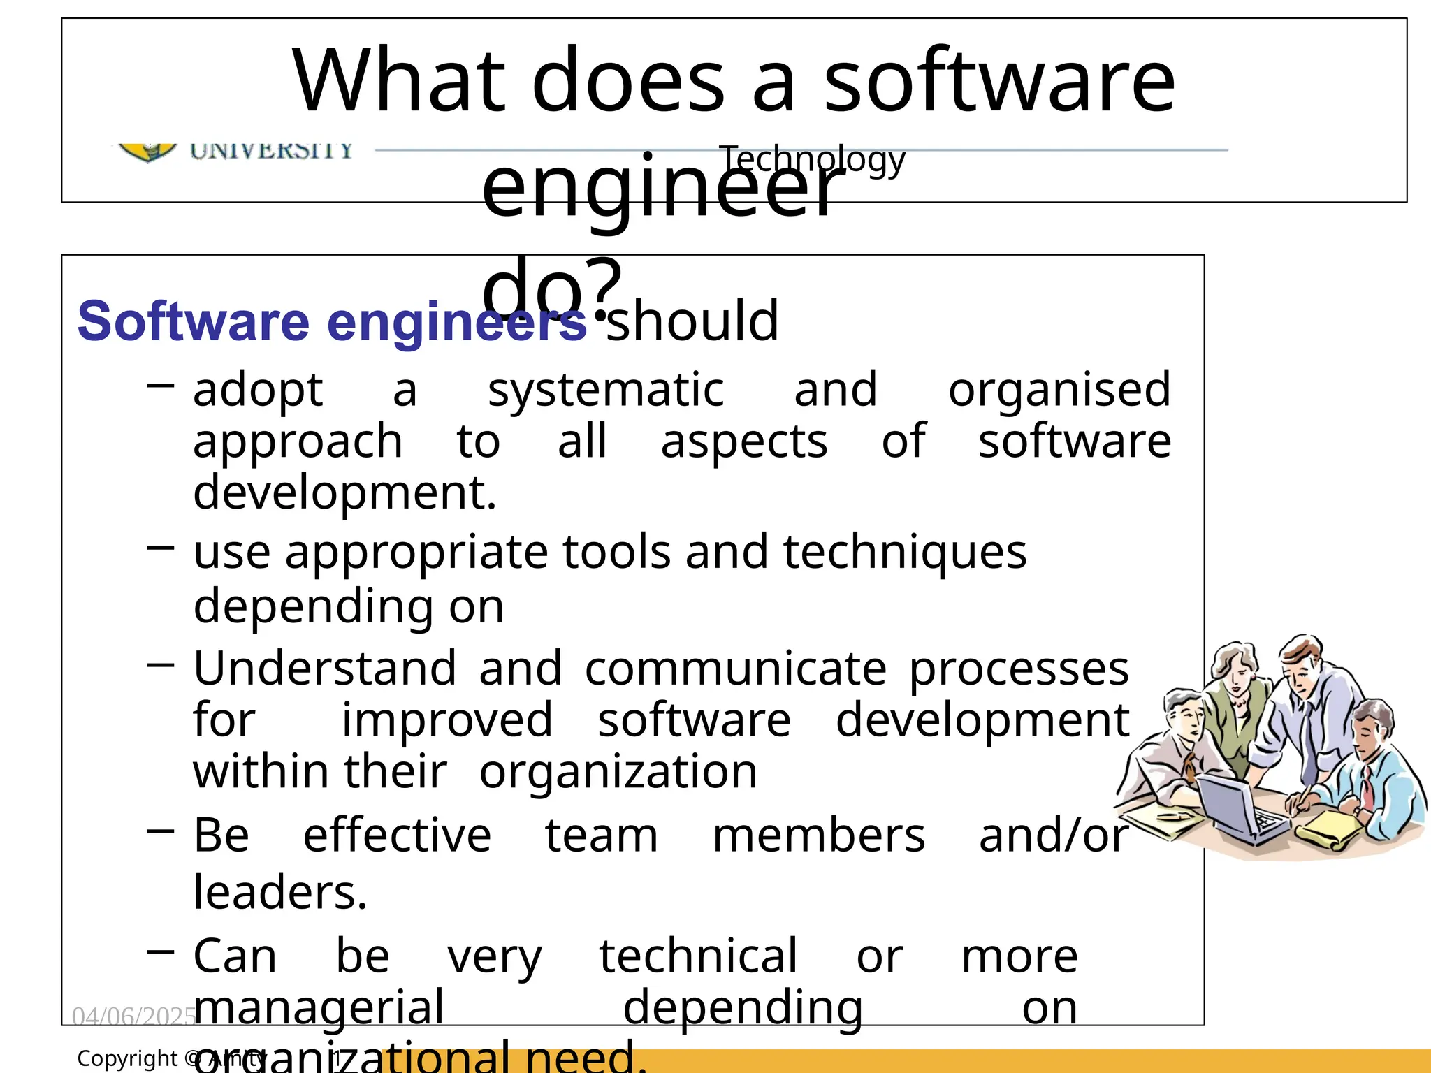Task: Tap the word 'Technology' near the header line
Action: coord(812,159)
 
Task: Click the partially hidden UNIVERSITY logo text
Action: coord(271,150)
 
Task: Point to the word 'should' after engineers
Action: coord(692,321)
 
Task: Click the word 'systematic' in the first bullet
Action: coord(605,390)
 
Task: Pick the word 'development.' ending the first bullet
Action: coord(344,492)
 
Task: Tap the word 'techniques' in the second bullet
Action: coord(904,552)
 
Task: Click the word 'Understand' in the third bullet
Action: coord(325,669)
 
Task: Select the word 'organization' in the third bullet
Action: coord(618,772)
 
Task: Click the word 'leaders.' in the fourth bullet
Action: coord(279,893)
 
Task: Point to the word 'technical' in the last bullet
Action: coord(697,956)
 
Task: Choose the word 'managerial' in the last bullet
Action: coord(319,1007)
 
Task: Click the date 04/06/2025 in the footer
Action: coord(133,1016)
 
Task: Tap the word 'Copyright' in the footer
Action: coord(127,1058)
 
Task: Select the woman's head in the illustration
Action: coord(1235,667)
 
